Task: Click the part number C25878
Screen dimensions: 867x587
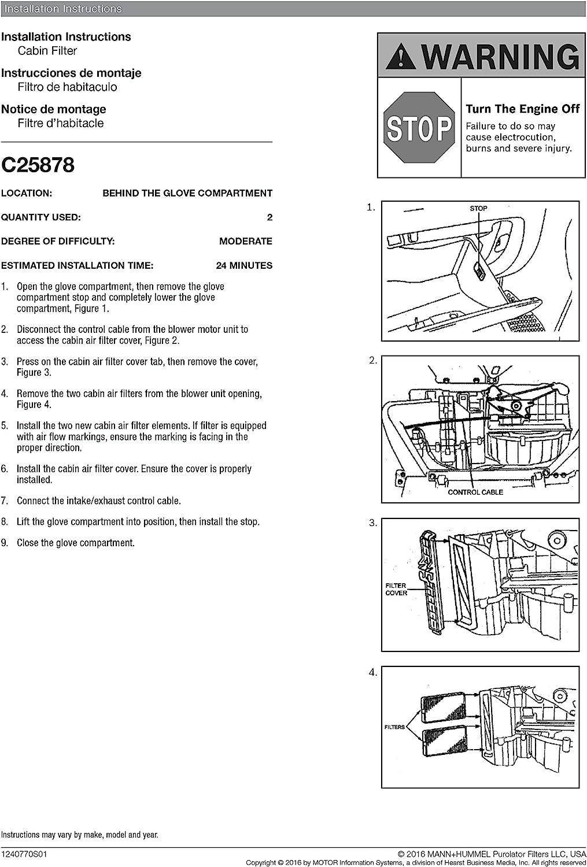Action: point(38,165)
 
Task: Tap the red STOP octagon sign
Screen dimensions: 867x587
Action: point(419,128)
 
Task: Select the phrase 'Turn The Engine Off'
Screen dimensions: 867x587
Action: point(522,109)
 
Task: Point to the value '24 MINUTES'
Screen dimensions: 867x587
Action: point(244,266)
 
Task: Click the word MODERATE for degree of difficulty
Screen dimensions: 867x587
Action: point(246,242)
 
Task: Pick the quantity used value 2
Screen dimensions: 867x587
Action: point(269,218)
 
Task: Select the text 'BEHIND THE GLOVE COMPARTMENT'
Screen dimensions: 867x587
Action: point(187,194)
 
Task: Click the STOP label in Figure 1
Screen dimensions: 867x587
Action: point(478,209)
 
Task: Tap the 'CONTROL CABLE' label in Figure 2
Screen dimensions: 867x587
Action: point(475,492)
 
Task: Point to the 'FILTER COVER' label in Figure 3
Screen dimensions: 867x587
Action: point(396,590)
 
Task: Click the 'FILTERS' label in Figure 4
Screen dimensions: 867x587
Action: point(394,727)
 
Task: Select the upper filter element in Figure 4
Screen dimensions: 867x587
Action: point(444,708)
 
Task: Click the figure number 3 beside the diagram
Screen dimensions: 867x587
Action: point(373,523)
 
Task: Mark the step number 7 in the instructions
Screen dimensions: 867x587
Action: point(5,501)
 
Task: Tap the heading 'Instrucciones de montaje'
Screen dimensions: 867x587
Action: point(71,73)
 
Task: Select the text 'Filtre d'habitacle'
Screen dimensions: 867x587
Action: point(61,123)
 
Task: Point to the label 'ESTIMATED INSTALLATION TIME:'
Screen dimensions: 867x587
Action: point(77,266)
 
